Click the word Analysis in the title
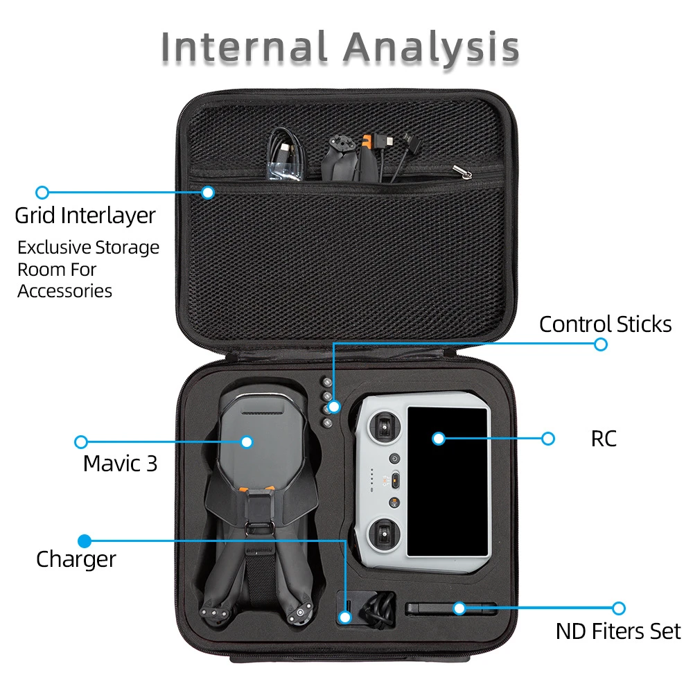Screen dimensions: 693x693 click(431, 47)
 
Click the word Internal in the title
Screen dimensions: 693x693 click(244, 47)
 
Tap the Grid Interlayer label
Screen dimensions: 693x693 click(85, 215)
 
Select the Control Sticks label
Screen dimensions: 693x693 click(605, 324)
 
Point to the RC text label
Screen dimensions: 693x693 click(604, 439)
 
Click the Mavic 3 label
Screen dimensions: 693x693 click(120, 463)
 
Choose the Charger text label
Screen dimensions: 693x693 click(76, 559)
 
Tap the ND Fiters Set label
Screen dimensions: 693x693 click(618, 631)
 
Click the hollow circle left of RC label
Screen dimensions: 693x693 click(548, 438)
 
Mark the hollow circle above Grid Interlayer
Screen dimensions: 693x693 click(42, 192)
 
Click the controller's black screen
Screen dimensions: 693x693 click(448, 481)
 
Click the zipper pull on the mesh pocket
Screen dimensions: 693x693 click(458, 169)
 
